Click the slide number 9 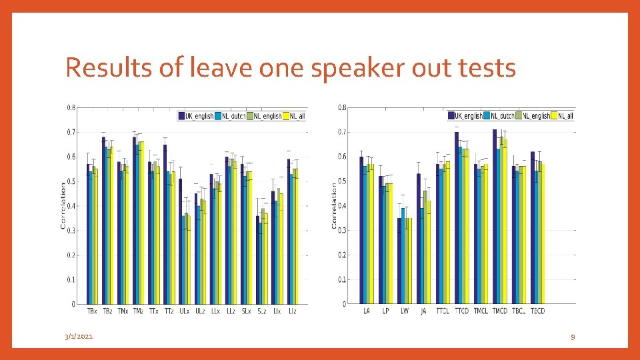(573, 337)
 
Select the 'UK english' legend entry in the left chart (196, 116)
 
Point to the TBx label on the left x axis (92, 311)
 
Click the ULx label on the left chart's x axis (184, 311)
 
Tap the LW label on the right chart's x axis (405, 311)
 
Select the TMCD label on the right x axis (500, 311)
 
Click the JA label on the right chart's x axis (423, 311)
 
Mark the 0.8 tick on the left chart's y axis (71, 107)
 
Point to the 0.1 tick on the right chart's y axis (341, 279)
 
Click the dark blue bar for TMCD (495, 217)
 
